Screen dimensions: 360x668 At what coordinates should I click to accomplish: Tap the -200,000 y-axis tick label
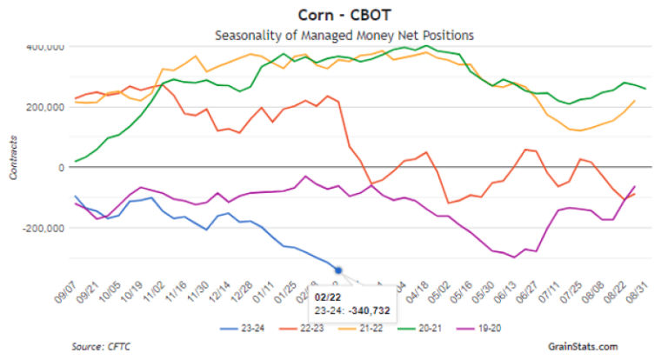[x=40, y=228]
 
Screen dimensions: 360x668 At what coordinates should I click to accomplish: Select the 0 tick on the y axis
[x=60, y=167]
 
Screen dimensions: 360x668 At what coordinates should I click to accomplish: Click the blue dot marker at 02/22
[x=338, y=270]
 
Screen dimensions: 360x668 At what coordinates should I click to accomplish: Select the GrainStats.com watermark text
[x=584, y=347]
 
